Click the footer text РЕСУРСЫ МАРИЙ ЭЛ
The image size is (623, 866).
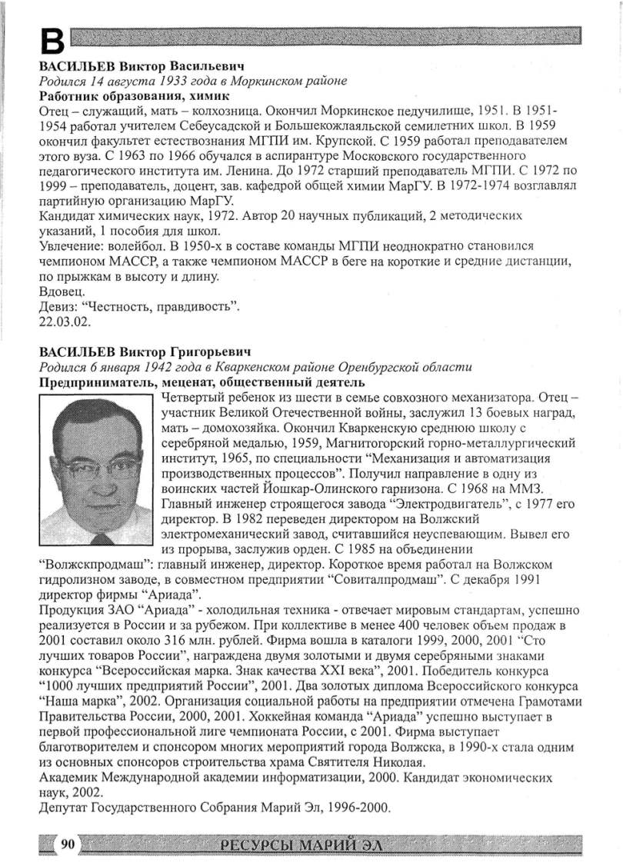click(x=301, y=846)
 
